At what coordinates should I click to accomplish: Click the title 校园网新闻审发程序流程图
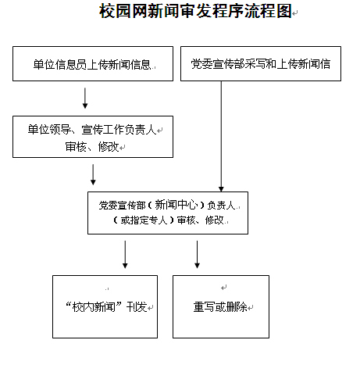point(195,11)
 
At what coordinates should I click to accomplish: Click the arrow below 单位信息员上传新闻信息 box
point(85,98)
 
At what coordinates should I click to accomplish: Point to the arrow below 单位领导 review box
point(93,174)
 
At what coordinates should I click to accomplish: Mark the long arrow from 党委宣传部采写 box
point(221,137)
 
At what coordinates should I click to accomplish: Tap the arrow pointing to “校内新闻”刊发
point(125,254)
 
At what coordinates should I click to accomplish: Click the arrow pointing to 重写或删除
point(197,254)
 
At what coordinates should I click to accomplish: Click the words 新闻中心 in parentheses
point(176,205)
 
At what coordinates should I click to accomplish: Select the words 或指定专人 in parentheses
point(144,220)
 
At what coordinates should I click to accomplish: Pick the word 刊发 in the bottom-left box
point(137,307)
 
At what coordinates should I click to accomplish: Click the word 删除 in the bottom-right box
point(237,307)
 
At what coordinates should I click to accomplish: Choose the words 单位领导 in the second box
point(49,130)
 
